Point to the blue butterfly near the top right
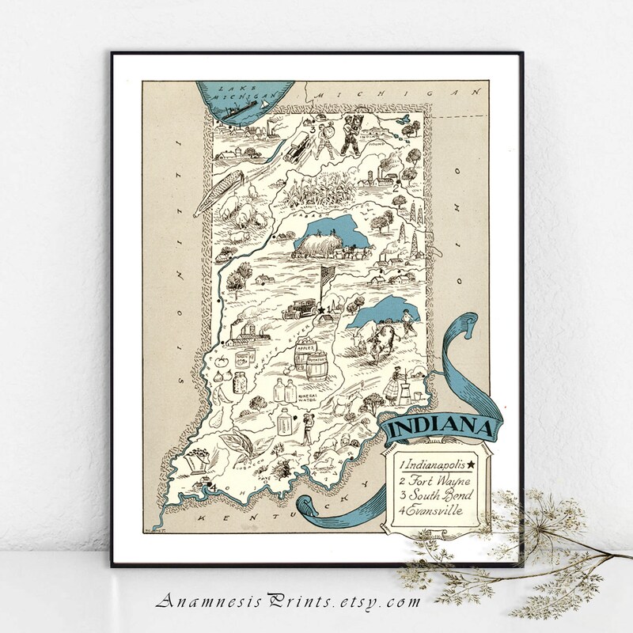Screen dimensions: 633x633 click(x=405, y=117)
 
